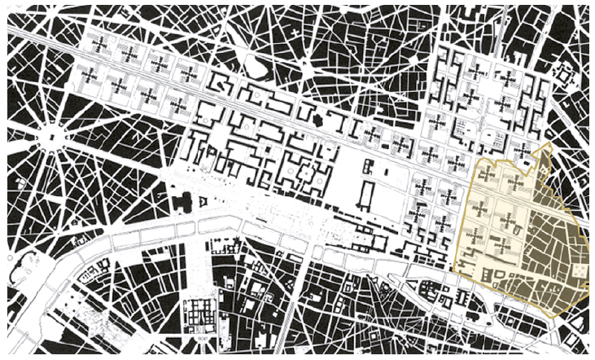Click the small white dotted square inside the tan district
tap(579, 270)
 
